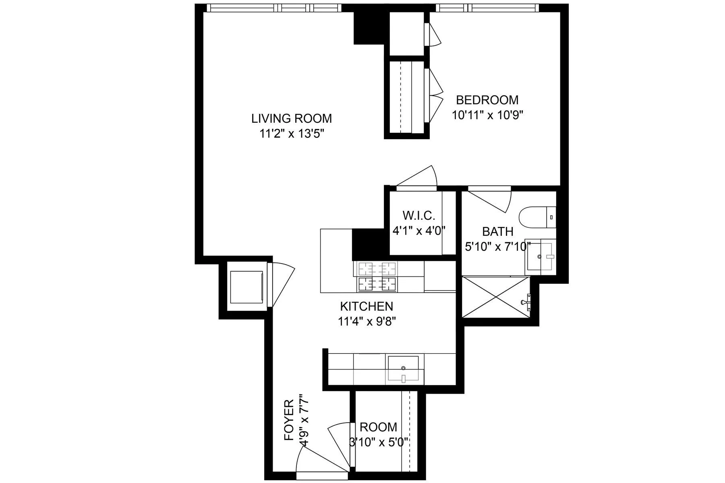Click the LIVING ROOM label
[x=292, y=118]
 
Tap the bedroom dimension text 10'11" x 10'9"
[x=487, y=116]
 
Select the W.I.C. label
[x=418, y=216]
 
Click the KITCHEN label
[x=367, y=306]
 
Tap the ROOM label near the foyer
[x=378, y=427]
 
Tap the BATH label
[x=497, y=231]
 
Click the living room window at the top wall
[x=274, y=8]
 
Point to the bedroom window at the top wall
[x=487, y=8]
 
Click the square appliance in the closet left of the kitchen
[x=246, y=287]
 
